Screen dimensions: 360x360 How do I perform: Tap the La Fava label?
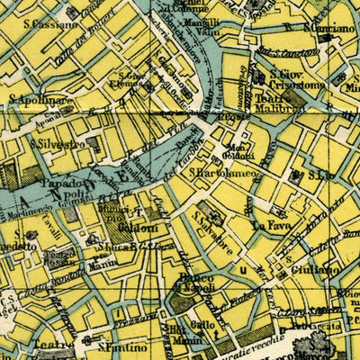(x=268, y=225)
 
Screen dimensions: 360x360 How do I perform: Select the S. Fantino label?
(x=121, y=346)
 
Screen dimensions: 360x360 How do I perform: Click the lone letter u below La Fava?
(x=241, y=268)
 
